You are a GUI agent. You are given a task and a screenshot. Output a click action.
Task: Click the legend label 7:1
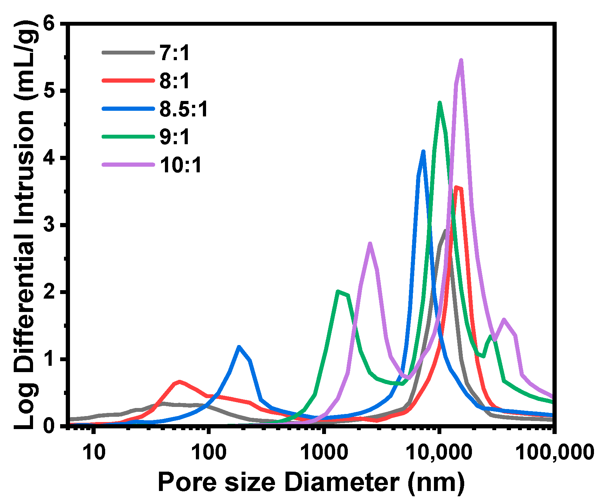(174, 53)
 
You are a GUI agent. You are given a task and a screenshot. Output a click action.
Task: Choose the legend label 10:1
(181, 165)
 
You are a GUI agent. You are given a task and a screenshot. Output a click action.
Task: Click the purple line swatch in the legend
(128, 165)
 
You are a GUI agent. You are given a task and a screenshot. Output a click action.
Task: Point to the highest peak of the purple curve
(461, 60)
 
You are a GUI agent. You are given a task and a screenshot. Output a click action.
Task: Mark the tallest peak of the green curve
(440, 103)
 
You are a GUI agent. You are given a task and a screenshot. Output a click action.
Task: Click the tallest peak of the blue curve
(423, 152)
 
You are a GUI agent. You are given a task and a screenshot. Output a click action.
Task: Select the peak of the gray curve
(445, 231)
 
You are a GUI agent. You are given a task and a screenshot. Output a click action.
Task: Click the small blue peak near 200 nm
(239, 347)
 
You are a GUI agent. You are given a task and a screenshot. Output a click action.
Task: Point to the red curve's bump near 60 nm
(179, 382)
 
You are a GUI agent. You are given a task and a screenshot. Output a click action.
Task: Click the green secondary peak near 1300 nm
(338, 292)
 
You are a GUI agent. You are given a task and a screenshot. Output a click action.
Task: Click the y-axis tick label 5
(49, 91)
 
